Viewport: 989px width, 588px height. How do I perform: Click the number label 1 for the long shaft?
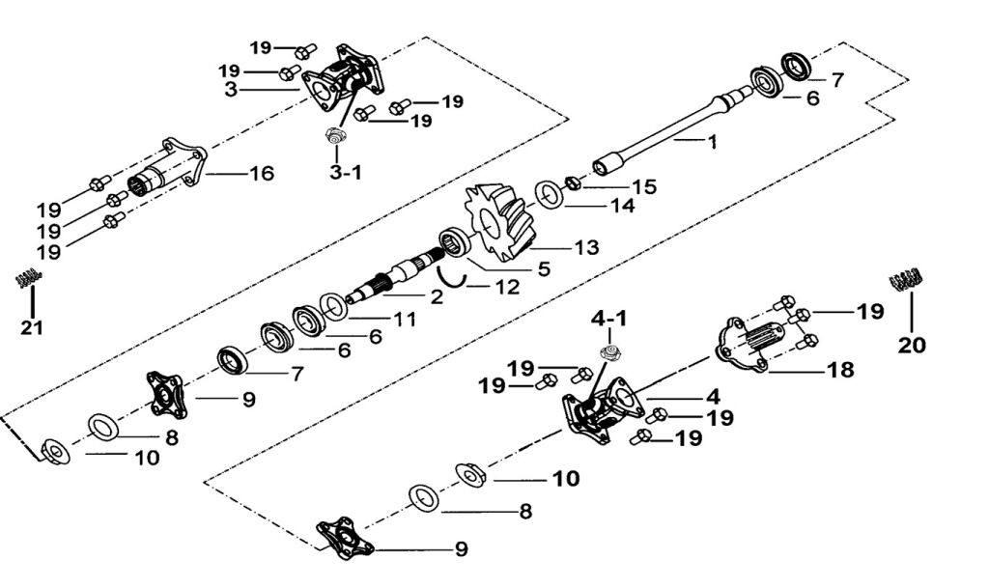712,142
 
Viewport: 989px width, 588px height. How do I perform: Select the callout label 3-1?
346,173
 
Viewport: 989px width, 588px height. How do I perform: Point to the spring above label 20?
907,281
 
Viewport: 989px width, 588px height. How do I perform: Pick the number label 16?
261,174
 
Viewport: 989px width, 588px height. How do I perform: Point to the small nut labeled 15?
572,182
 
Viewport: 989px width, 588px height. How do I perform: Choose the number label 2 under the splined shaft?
437,297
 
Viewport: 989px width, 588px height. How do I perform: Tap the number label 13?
586,247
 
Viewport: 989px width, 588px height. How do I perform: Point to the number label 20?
911,345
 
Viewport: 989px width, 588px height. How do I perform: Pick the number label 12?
506,287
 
